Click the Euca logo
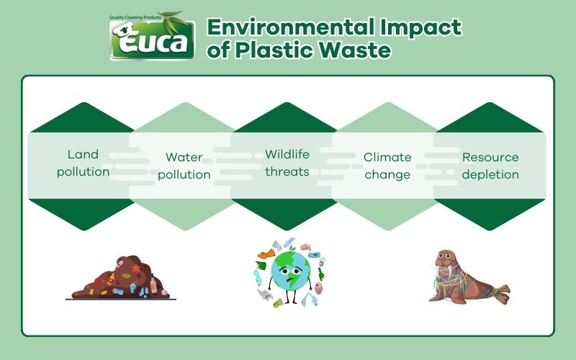tap(153, 37)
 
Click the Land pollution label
tap(83, 163)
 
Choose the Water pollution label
tap(184, 166)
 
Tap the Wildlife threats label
tap(287, 163)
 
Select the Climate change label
tap(387, 166)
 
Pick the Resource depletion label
tap(490, 166)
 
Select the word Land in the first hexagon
tap(83, 155)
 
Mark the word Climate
tap(387, 157)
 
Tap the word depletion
tap(490, 174)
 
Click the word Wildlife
tap(287, 154)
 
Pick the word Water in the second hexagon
tap(184, 157)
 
